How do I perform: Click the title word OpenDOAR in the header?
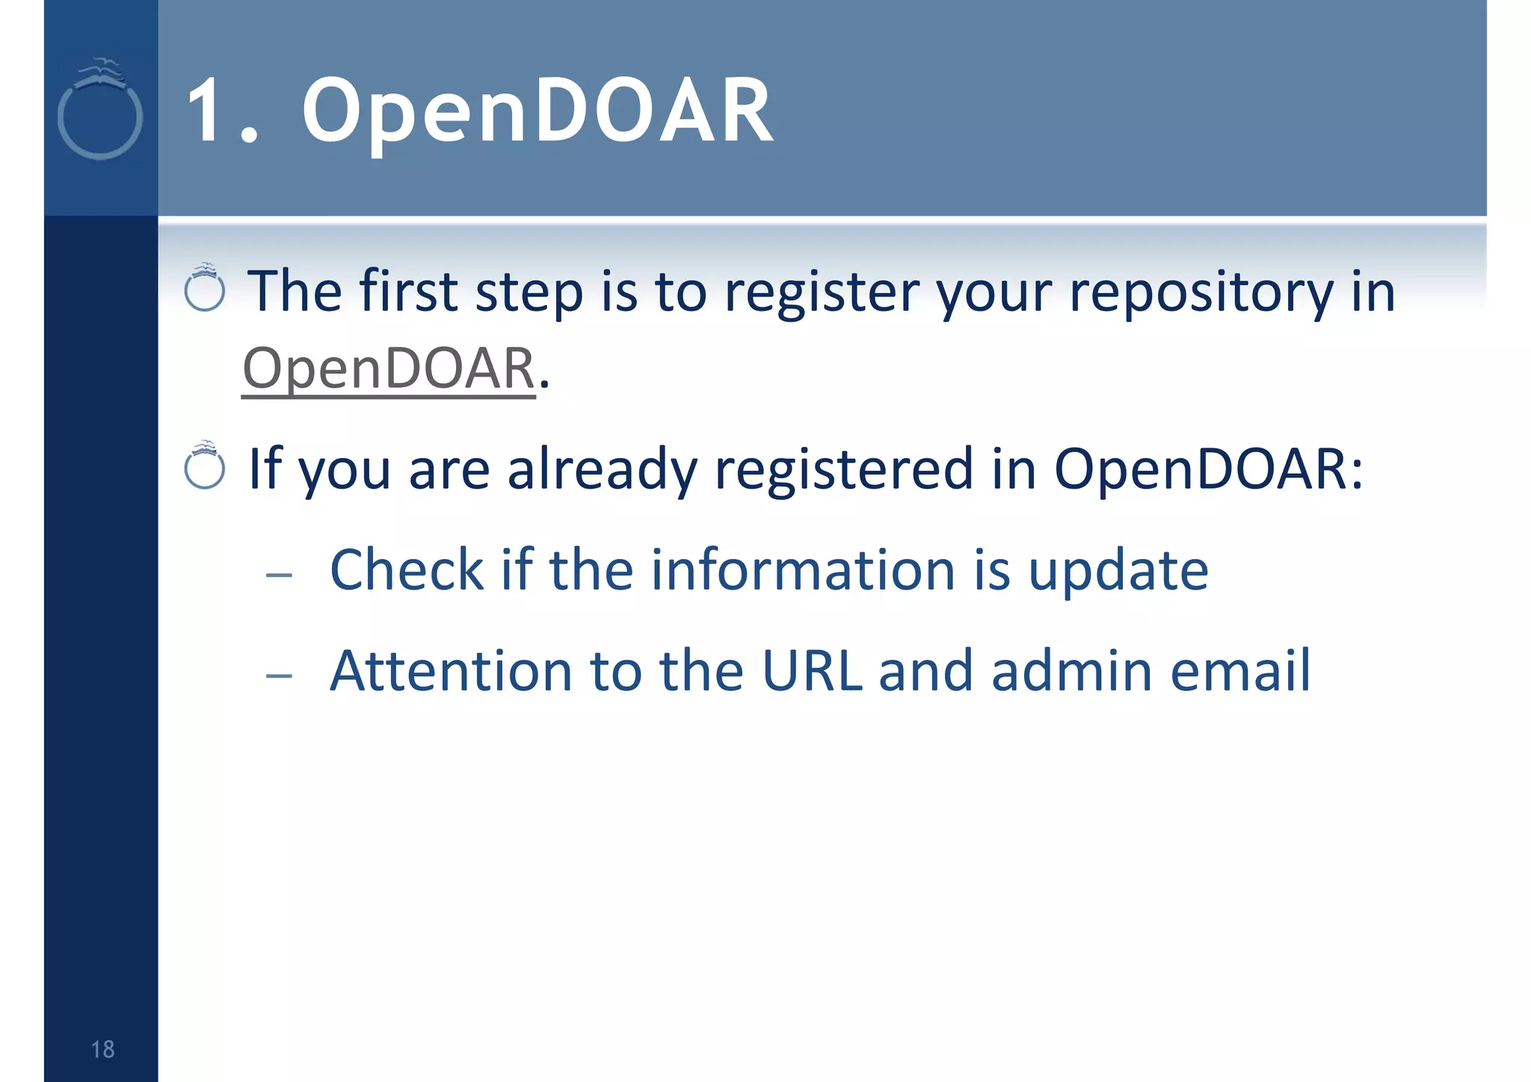(537, 112)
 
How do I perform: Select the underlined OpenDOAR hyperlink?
(389, 369)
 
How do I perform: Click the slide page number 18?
(102, 1049)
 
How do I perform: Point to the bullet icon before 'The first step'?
(205, 288)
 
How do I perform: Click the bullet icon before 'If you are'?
(205, 466)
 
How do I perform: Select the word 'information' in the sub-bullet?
(804, 571)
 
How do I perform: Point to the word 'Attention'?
(451, 671)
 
